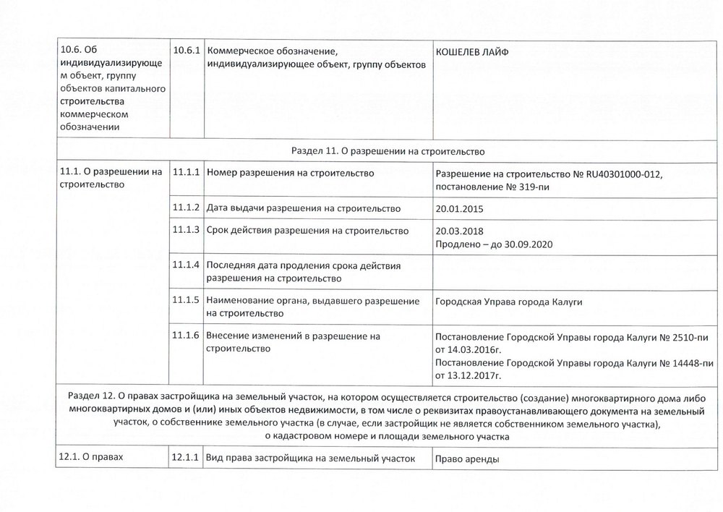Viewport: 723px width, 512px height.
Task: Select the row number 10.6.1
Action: coord(187,53)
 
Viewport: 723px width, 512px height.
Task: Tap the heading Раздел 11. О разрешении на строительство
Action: coord(387,152)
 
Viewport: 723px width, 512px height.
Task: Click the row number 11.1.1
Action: coord(187,174)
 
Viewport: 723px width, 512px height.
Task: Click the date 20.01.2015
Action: coord(459,209)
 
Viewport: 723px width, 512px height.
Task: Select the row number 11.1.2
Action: coord(187,208)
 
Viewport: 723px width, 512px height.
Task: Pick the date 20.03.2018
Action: coord(459,231)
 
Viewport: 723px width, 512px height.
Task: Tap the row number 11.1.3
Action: coord(187,231)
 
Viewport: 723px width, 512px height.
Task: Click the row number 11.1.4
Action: coord(187,265)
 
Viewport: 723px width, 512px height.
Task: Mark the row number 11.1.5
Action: coord(187,299)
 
